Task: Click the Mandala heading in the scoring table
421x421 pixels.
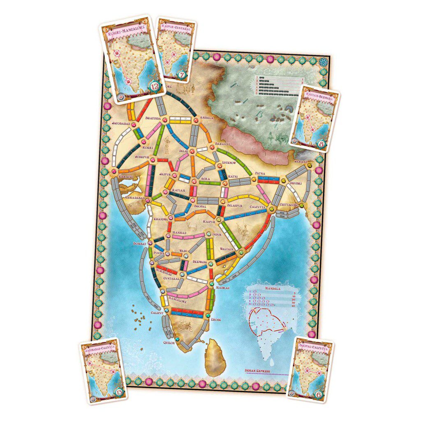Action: coord(273,289)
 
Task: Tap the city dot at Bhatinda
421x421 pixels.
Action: coord(164,120)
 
